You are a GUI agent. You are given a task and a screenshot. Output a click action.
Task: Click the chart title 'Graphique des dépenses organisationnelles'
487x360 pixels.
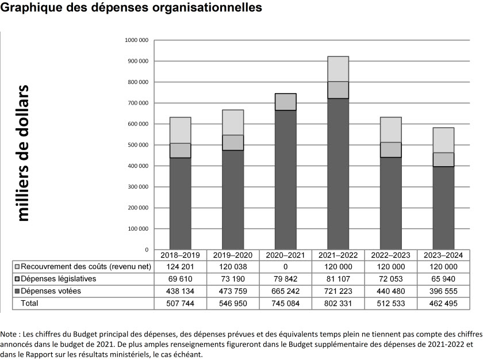pos(132,8)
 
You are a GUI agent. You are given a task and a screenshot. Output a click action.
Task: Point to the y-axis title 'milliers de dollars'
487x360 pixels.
pos(24,152)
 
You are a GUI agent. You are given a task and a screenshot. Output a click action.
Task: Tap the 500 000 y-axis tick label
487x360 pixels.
pos(137,145)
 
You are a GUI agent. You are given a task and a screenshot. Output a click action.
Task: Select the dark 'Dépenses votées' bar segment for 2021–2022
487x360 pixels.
pos(338,173)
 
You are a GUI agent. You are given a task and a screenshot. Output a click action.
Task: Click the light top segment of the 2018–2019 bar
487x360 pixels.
pos(180,130)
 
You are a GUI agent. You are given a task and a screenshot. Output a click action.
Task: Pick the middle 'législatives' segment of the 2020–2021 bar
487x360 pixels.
pos(285,102)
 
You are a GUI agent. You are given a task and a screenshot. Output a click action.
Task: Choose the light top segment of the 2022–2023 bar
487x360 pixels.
pos(390,129)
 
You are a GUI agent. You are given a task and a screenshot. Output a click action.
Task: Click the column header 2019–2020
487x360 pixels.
pos(232,255)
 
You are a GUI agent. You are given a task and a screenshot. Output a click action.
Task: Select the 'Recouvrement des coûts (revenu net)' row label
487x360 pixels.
pos(82,267)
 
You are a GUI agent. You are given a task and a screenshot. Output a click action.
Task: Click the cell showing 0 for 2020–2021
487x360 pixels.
pos(285,267)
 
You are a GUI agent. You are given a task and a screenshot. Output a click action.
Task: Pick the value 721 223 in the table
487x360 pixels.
pos(338,291)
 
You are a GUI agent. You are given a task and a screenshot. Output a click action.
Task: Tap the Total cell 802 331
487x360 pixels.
pos(338,303)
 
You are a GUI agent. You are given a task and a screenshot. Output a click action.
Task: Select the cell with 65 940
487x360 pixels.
pos(443,279)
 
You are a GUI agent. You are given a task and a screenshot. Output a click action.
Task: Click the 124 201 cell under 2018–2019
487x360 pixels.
pos(180,267)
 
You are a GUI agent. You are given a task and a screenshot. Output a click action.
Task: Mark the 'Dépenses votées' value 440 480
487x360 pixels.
pos(390,291)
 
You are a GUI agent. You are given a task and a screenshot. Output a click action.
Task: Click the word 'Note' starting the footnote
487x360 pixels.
pos(9,334)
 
